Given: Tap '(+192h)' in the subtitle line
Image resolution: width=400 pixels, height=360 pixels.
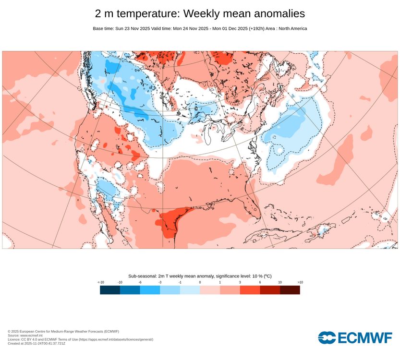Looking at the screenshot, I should pyautogui.click(x=261, y=28).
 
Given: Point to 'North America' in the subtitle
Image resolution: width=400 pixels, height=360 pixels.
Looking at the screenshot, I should pyautogui.click(x=291, y=28).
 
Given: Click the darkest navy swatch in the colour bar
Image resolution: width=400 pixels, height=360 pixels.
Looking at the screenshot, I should pyautogui.click(x=110, y=290).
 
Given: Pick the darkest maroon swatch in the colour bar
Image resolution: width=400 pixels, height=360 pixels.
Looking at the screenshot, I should pyautogui.click(x=290, y=290).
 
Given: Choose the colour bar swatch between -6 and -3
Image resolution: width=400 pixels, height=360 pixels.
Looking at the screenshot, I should pyautogui.click(x=150, y=290).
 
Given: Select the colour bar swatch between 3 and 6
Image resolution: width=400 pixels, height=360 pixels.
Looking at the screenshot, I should pyautogui.click(x=250, y=290).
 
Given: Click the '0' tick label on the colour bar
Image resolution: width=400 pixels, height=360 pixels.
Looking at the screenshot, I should pyautogui.click(x=200, y=282).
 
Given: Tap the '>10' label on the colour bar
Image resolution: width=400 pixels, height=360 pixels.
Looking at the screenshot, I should pyautogui.click(x=300, y=282).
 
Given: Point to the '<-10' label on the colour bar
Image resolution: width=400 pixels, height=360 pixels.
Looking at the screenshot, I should pyautogui.click(x=100, y=282).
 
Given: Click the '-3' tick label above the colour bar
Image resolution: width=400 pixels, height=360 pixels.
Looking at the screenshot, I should pyautogui.click(x=160, y=282).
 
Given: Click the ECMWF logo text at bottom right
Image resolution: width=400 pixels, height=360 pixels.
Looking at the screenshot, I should pyautogui.click(x=364, y=338).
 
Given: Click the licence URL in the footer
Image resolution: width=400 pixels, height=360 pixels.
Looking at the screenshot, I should pyautogui.click(x=116, y=339).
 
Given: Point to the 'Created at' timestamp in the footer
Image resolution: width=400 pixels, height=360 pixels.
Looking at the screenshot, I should pyautogui.click(x=36, y=343).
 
